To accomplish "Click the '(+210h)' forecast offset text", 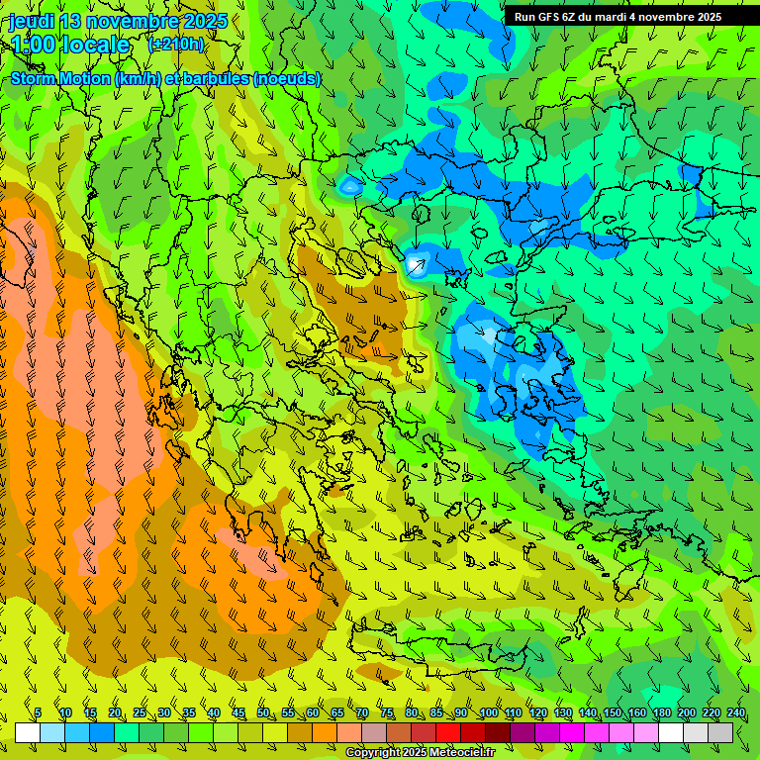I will point(176,44).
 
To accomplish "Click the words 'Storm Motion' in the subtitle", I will point(60,78).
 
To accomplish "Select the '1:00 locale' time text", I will point(70,45).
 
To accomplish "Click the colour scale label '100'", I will point(489,712).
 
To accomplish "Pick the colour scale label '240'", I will point(735,712).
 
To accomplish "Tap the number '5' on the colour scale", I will point(38,712).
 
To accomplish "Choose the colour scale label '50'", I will point(263,712).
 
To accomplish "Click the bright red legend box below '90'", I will point(448,732).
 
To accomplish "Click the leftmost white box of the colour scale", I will point(28,732).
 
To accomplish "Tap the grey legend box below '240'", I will point(720,732).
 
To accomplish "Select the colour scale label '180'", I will point(661,712).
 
